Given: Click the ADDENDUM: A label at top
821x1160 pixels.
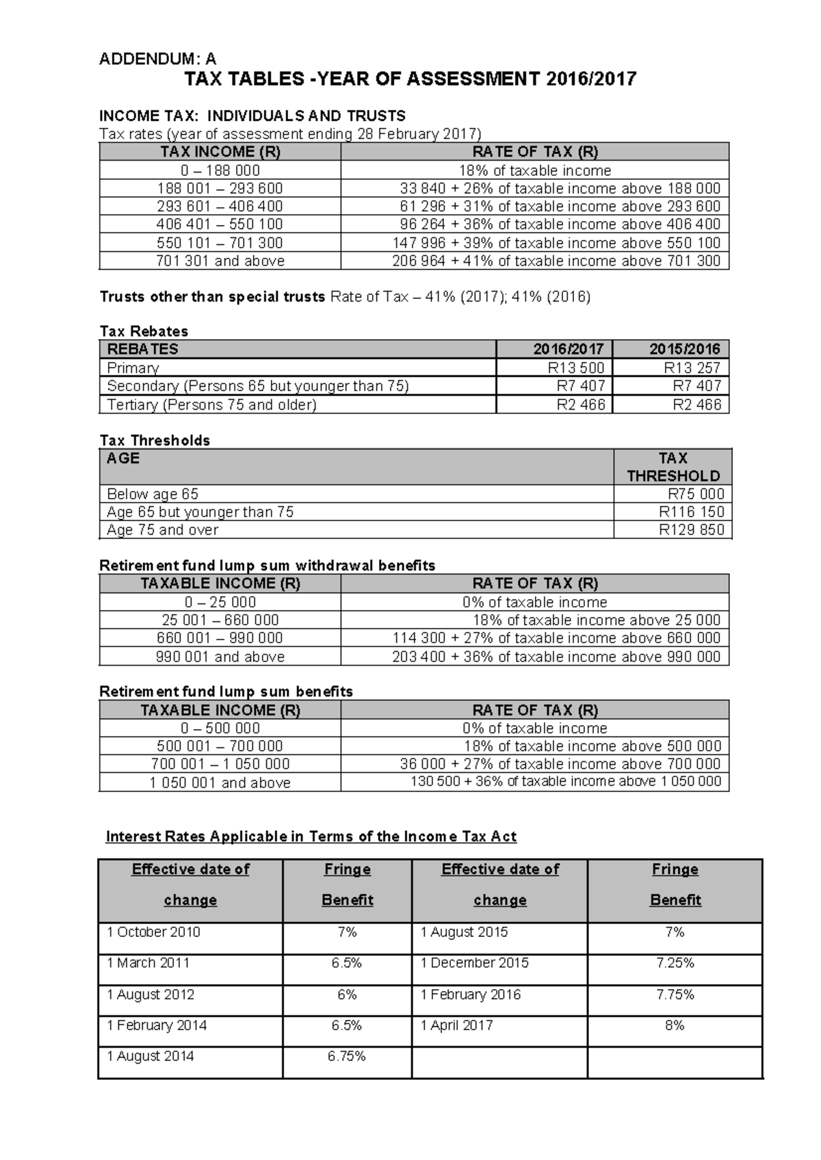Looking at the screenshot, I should [157, 59].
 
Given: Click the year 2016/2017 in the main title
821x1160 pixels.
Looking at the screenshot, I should [591, 79].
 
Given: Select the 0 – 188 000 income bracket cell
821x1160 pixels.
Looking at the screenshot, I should [220, 170].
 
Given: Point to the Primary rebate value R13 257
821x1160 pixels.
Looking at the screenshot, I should [692, 368].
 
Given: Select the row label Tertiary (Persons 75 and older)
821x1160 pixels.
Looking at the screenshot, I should [211, 405].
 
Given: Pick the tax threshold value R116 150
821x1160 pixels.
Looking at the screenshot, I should [691, 512].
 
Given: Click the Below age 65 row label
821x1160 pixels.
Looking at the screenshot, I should [153, 494].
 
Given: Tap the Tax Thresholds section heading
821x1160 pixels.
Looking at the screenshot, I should [155, 440].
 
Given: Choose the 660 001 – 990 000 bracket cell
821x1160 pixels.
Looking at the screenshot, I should [220, 638].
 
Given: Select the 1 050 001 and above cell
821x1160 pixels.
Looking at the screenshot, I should [220, 782].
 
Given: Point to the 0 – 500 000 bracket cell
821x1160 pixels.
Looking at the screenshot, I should [220, 728].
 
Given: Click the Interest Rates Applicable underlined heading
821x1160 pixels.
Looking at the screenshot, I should [311, 836].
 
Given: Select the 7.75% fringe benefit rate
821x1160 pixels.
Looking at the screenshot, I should [675, 994].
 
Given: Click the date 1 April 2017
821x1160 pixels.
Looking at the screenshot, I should [456, 1025].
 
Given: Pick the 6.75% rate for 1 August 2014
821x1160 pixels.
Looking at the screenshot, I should [347, 1056].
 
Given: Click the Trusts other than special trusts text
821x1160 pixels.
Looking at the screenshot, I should [212, 297].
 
